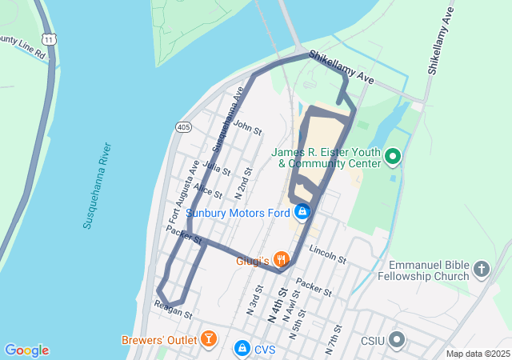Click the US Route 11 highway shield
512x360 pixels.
[x=50, y=39]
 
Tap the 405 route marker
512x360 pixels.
[x=183, y=127]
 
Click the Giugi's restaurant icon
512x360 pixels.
[x=281, y=259]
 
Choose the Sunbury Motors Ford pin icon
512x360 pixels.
[x=302, y=212]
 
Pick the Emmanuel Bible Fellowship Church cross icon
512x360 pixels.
[x=481, y=269]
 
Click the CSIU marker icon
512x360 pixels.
[x=398, y=341]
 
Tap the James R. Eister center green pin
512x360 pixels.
[x=393, y=156]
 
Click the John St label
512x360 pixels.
[x=248, y=127]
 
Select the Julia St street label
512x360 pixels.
[x=217, y=169]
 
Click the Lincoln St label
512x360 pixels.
[x=326, y=255]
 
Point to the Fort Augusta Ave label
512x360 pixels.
[x=182, y=191]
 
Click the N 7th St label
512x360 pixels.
[x=333, y=340]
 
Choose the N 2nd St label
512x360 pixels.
[x=244, y=183]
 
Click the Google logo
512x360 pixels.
[x=26, y=350]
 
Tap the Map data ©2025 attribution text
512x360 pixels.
[x=478, y=354]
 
